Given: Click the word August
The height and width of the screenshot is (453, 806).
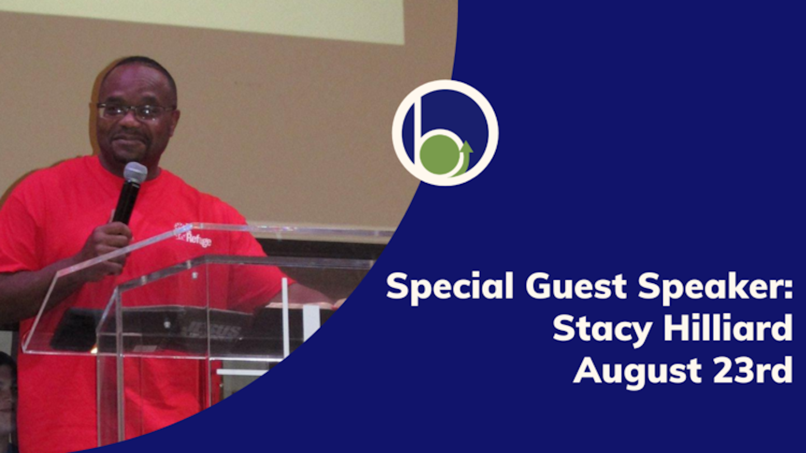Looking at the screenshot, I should (635, 370).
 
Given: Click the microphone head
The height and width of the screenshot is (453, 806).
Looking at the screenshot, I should (135, 172).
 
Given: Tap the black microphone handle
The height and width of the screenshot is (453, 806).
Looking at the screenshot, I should (126, 204).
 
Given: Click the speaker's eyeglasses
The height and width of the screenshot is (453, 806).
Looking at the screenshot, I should (134, 111).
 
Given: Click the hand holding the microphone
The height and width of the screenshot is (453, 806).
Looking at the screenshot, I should (106, 246).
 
